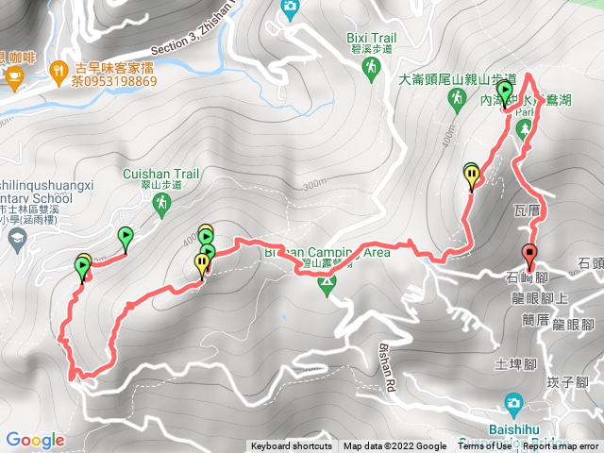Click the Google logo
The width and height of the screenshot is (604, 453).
tap(35, 440)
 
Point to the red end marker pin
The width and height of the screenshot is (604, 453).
tap(529, 255)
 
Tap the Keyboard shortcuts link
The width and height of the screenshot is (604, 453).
tap(291, 446)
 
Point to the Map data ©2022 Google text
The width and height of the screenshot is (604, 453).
tap(394, 446)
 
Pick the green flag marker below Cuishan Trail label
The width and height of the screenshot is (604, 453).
tap(126, 237)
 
